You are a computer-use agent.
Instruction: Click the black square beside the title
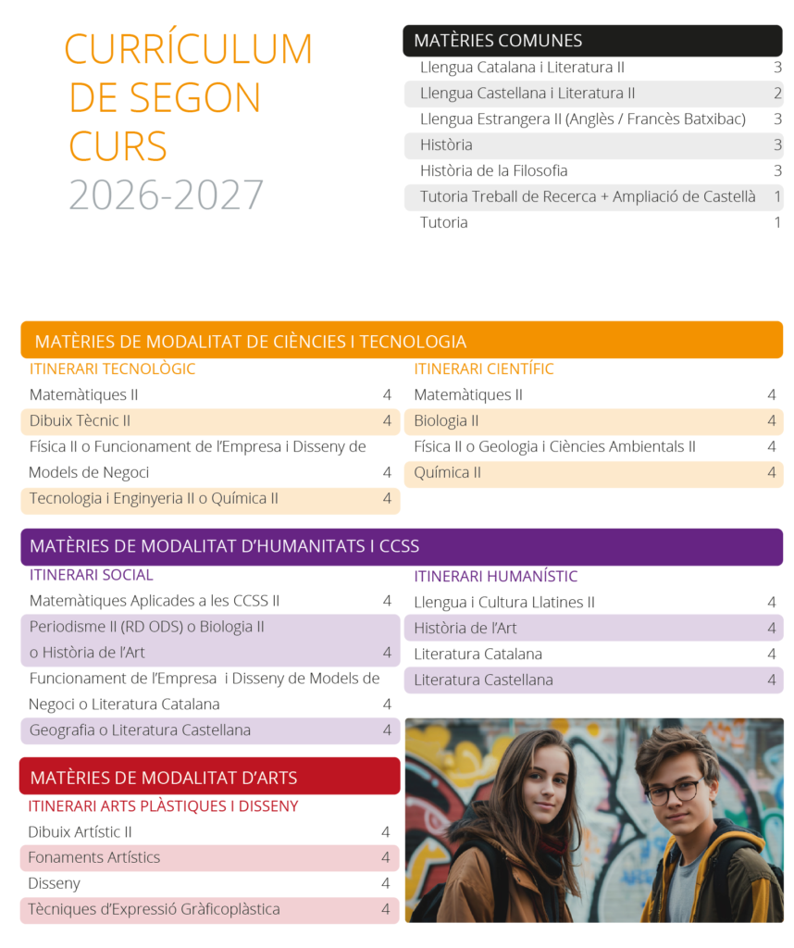click(x=31, y=50)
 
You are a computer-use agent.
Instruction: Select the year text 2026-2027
click(x=167, y=194)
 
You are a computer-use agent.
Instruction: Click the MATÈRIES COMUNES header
click(x=498, y=41)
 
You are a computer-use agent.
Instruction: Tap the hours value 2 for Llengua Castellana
click(x=777, y=94)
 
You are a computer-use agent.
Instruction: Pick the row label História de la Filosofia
click(x=493, y=171)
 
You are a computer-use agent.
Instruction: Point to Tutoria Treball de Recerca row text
click(x=587, y=197)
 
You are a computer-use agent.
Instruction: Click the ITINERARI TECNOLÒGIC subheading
click(x=112, y=369)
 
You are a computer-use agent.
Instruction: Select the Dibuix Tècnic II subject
click(x=80, y=421)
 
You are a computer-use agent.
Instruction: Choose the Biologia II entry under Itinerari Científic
click(x=446, y=421)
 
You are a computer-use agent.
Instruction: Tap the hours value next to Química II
click(x=771, y=473)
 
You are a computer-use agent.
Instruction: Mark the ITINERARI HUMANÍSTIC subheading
click(x=495, y=577)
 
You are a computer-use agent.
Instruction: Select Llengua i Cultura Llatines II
click(x=503, y=603)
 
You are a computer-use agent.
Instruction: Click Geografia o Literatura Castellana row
click(x=140, y=730)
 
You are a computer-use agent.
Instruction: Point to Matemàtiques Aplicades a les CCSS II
click(x=155, y=601)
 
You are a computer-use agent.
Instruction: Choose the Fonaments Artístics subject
click(x=93, y=858)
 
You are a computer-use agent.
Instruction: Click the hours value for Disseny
click(x=386, y=884)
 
